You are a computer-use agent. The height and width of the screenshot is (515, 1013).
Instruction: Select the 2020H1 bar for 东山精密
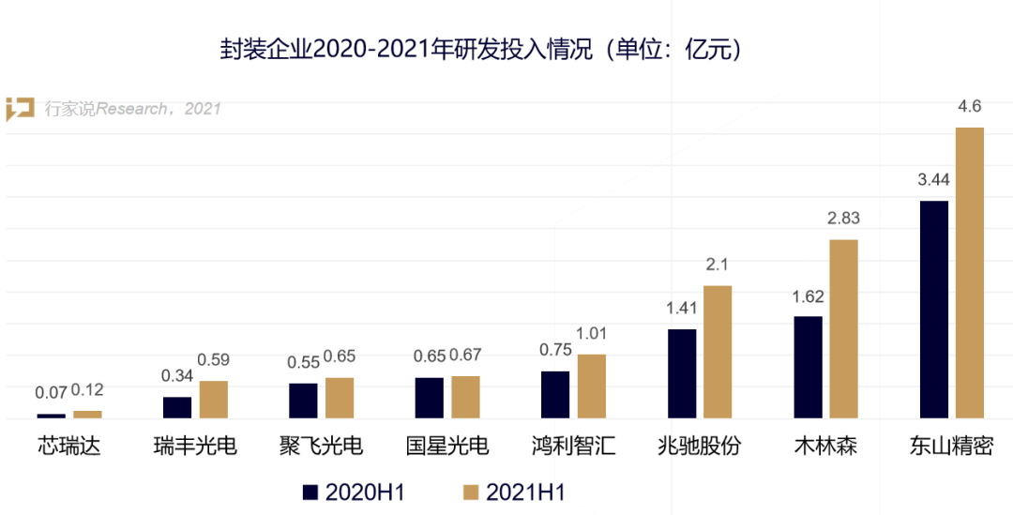[934, 310]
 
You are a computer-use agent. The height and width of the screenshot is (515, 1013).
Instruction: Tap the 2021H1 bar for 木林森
[843, 328]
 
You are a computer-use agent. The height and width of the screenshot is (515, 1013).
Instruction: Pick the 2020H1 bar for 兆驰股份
[682, 373]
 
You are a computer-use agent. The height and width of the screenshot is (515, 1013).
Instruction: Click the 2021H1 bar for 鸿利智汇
[592, 386]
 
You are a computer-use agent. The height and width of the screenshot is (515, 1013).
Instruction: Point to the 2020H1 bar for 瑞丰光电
[177, 407]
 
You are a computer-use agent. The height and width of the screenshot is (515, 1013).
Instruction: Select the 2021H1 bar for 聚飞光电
[340, 398]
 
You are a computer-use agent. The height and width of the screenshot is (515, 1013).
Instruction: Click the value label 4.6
[969, 107]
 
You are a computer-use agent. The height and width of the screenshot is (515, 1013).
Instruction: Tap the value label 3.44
[934, 180]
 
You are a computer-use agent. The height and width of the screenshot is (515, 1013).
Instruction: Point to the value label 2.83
[843, 219]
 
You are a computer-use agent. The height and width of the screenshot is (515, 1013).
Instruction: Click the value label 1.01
[592, 333]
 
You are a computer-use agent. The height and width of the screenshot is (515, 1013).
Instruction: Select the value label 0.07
[51, 392]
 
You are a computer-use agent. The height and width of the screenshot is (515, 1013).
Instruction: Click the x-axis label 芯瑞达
[69, 446]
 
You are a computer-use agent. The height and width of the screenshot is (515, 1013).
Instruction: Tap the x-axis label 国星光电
[447, 446]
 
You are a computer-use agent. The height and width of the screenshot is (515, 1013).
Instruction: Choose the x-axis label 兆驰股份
[700, 446]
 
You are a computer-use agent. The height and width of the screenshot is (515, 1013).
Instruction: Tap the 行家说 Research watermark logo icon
[21, 109]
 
